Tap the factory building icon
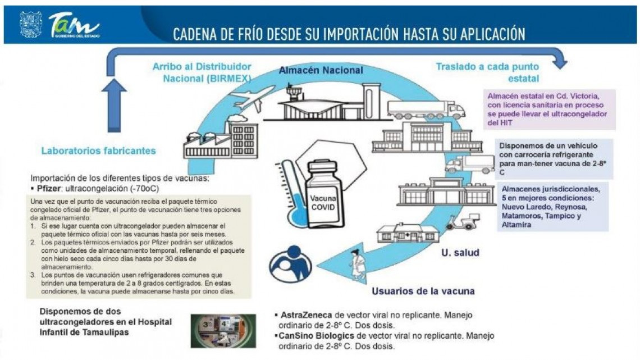pyautogui.click(x=221, y=141)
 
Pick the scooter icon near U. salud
pyautogui.click(x=459, y=222)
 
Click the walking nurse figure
pyautogui.click(x=357, y=265)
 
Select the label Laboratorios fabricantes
pyautogui.click(x=98, y=151)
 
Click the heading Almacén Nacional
pyautogui.click(x=321, y=70)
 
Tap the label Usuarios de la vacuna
pyautogui.click(x=423, y=291)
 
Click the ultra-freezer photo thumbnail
pyautogui.click(x=223, y=330)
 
